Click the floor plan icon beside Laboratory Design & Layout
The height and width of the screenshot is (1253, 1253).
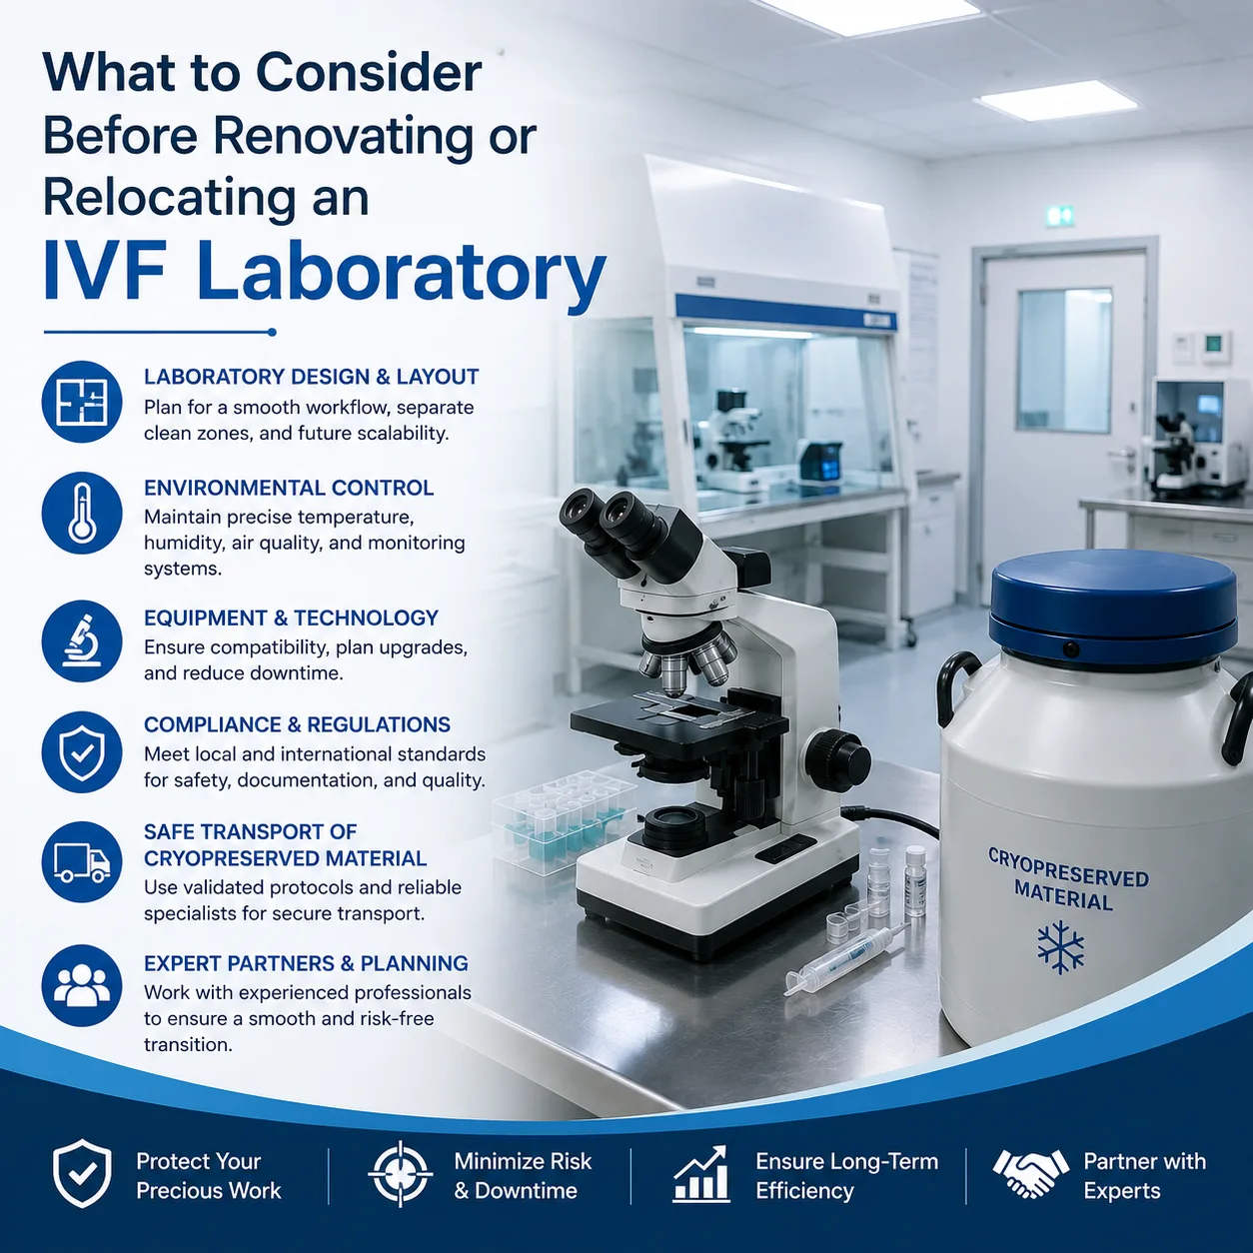pos(82,402)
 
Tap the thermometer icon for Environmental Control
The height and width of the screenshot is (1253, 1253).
pos(82,513)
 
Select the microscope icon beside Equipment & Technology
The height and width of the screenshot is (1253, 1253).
pos(82,641)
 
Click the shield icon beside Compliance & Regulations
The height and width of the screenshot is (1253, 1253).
pos(82,752)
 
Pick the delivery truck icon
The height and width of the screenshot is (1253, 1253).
pos(82,862)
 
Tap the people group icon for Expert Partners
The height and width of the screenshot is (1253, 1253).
pos(82,986)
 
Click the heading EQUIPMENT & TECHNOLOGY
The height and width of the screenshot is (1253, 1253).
pos(292,618)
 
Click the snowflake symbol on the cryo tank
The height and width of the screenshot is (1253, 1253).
pos(1060,946)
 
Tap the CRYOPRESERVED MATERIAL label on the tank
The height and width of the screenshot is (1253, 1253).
pos(1067,879)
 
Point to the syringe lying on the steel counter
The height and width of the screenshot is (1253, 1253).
pos(845,958)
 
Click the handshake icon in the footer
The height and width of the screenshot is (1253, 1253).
pos(1030,1174)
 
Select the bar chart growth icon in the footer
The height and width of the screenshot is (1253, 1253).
pos(701,1173)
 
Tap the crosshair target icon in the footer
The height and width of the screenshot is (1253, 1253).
pos(400,1174)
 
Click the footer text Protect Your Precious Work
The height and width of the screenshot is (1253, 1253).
pos(208,1176)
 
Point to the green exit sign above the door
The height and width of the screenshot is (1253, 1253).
pos(1060,215)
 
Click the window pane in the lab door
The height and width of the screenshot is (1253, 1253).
pos(1064,361)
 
